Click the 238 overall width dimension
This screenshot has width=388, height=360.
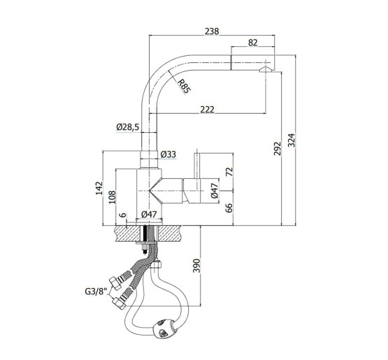point(212,31)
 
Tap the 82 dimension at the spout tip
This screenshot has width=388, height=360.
point(252,43)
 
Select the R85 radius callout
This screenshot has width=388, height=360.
point(184,87)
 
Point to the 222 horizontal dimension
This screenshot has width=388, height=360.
point(208,109)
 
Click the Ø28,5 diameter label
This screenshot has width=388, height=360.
point(128,127)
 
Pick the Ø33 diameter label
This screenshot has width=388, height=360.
point(168,154)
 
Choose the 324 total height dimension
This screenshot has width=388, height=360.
point(292,141)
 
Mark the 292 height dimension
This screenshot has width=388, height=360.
point(278,148)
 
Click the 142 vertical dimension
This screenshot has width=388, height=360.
point(99,188)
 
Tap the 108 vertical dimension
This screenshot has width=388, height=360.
point(112,197)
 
